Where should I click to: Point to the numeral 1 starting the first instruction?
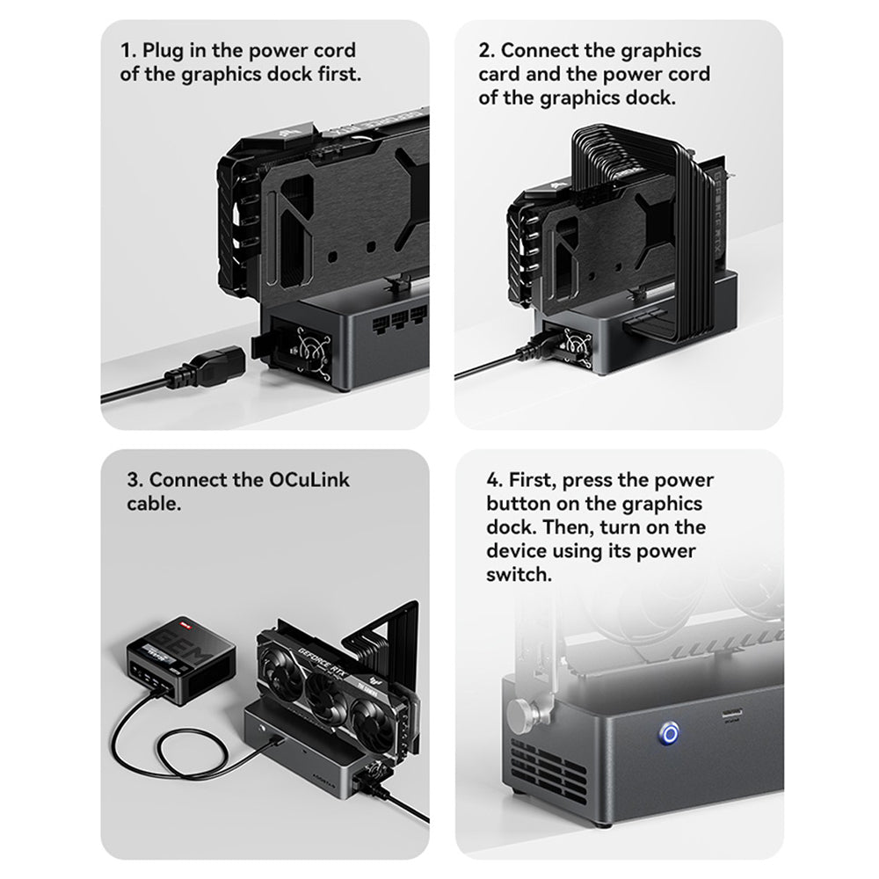tap(125, 51)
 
